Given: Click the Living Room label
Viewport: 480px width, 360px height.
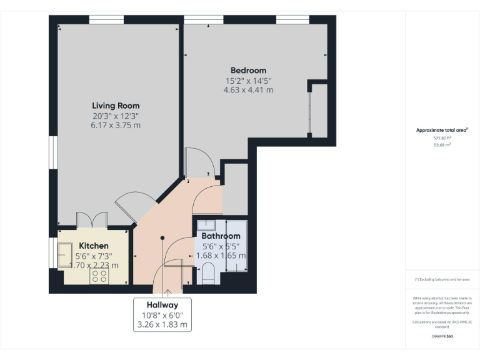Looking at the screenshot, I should (116, 106).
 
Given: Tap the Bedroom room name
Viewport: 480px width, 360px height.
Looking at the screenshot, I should (248, 71).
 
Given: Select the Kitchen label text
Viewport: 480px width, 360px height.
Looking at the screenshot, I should (93, 246).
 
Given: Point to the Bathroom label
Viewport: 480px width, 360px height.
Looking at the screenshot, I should (221, 236).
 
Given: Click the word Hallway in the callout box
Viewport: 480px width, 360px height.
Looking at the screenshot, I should (162, 304).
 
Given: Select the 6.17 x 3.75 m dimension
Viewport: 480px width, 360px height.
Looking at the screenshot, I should (116, 125).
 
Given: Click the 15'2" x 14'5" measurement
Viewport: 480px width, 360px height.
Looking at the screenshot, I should (248, 81).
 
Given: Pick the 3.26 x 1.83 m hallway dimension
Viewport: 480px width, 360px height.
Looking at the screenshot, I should (162, 324).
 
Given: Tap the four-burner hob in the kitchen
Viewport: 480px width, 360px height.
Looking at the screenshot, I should (100, 276).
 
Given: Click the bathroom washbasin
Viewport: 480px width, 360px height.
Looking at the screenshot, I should (206, 226).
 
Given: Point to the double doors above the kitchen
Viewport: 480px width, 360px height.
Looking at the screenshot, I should (92, 220).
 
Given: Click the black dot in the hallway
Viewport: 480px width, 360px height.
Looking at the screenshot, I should (162, 237).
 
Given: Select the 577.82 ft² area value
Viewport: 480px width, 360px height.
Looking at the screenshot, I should (442, 137).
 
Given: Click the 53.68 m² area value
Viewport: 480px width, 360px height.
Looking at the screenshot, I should (442, 144).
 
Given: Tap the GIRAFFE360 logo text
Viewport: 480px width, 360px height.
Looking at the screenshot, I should (442, 337).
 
